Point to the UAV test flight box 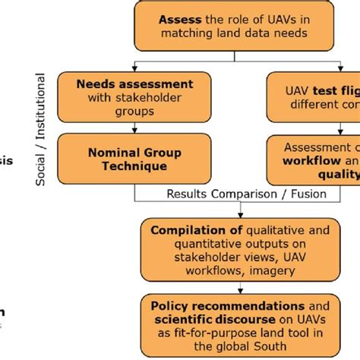click(x=315, y=97)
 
